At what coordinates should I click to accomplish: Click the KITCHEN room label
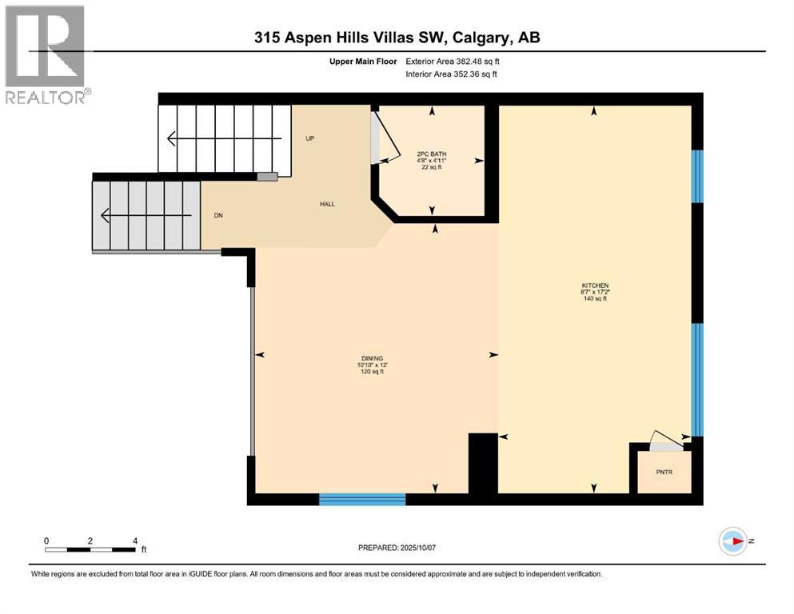pos(595,285)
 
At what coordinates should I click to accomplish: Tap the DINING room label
pos(371,358)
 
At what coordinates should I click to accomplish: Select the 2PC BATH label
pos(430,153)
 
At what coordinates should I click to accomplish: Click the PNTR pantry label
pos(664,472)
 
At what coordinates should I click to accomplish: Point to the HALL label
pos(327,204)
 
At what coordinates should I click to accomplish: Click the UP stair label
pos(310,138)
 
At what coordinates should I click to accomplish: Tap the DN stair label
pos(217,215)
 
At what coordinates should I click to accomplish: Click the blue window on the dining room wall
pos(362,500)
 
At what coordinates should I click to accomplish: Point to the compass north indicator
pos(732,541)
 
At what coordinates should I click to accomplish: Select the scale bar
pos(90,548)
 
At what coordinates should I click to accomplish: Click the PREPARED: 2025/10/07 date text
pos(403,548)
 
